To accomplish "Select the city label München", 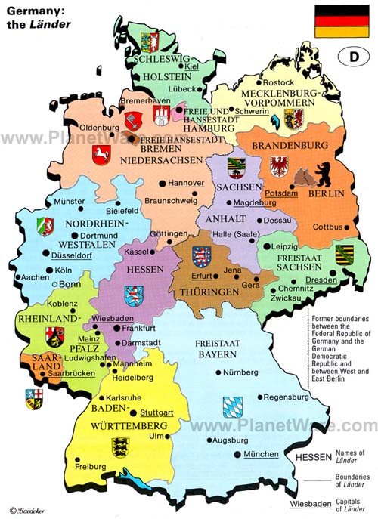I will pyautogui.click(x=262, y=454).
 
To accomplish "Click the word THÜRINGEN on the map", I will pyautogui.click(x=204, y=290).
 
